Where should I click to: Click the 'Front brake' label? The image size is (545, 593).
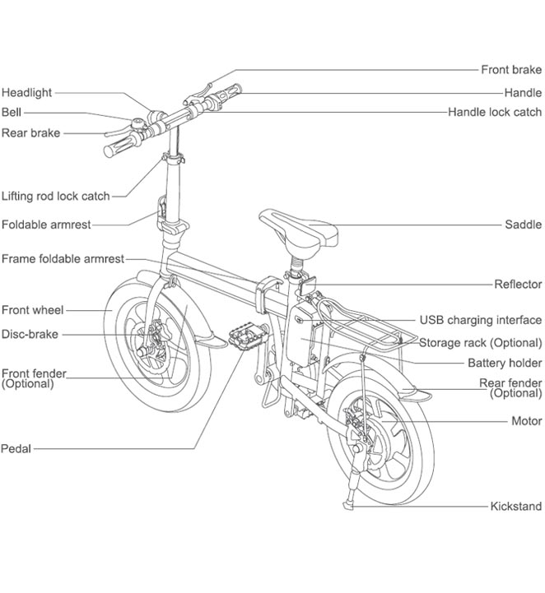pos(511,70)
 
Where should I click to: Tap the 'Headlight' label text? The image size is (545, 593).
pos(26,93)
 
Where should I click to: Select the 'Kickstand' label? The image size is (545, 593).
pos(516,507)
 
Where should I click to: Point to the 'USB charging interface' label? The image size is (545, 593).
pos(481,320)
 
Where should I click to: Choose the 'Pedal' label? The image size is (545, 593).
pos(16,448)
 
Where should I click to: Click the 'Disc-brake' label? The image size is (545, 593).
pos(30,334)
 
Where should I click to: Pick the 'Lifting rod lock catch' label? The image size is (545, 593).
pos(55,196)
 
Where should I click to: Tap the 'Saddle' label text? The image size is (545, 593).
pos(523,225)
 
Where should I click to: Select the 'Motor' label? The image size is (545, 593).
pos(527,421)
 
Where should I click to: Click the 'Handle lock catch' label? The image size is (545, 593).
pos(495,112)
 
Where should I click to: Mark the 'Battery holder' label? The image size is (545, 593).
pos(505,363)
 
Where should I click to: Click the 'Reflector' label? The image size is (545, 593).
pos(518,284)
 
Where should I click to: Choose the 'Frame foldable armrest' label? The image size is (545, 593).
pos(63,258)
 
